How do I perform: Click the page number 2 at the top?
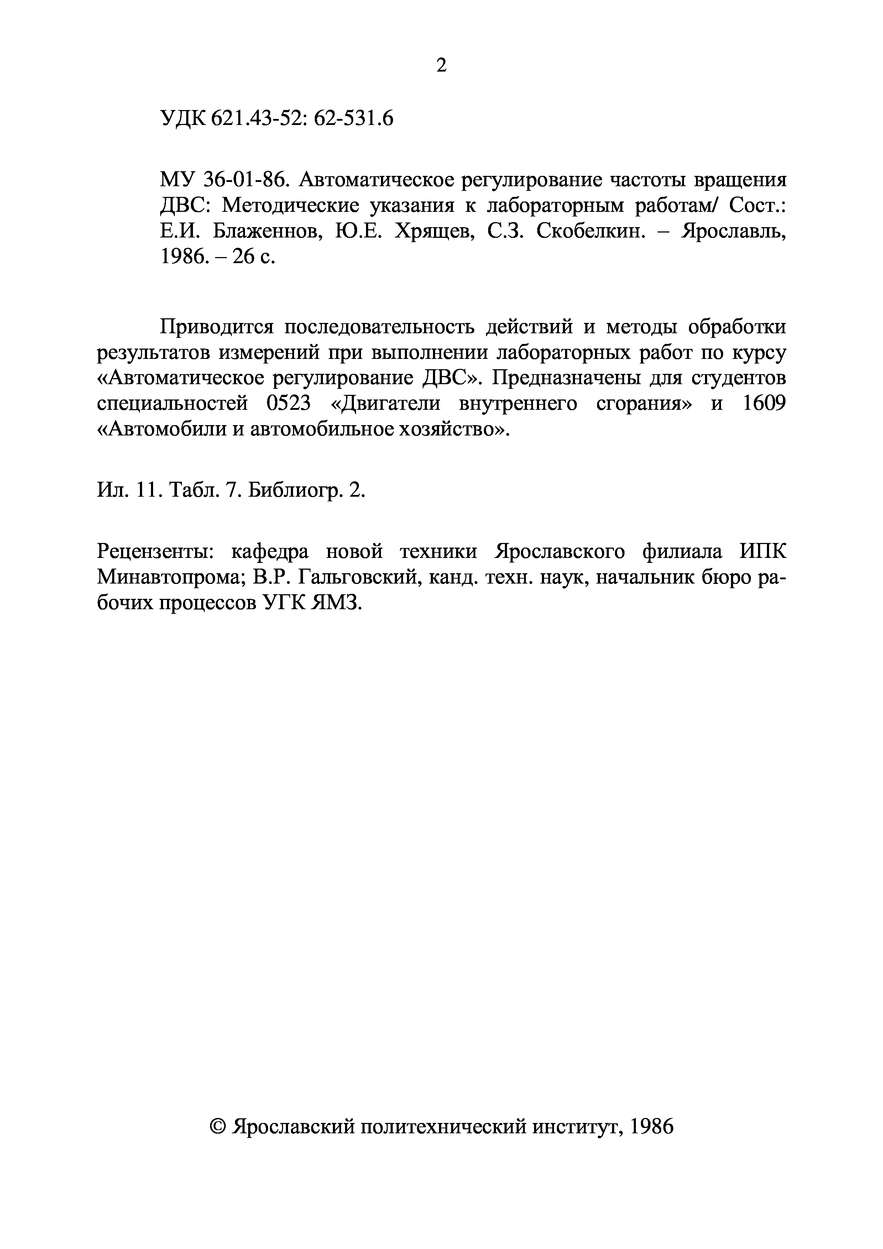pyautogui.click(x=441, y=66)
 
